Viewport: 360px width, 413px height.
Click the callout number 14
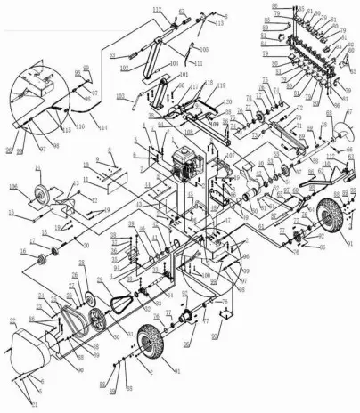[38, 167]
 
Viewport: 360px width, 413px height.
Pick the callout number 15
[11, 212]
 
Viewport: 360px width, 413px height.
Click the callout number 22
[11, 320]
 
